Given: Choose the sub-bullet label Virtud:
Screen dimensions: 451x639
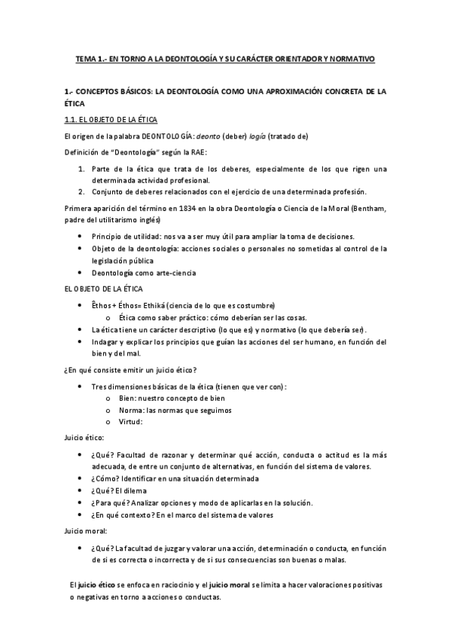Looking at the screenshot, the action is click(x=131, y=422).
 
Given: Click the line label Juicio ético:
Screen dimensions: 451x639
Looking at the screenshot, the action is click(x=84, y=437).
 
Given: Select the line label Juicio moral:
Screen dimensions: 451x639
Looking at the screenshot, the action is click(x=87, y=531).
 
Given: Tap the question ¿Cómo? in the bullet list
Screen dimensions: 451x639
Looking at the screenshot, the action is click(x=104, y=478).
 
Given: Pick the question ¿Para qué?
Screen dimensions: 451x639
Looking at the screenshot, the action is click(x=110, y=503).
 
